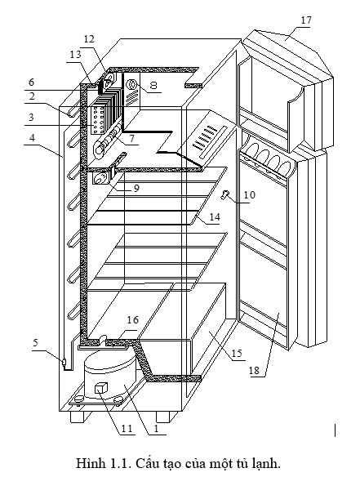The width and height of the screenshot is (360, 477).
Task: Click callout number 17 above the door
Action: pos(306,20)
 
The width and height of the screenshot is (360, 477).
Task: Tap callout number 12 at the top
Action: pos(89,39)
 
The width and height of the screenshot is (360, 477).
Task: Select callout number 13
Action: pos(76,55)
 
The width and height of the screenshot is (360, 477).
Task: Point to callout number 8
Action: pos(153,85)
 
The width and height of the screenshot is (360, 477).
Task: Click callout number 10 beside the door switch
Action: pos(249,194)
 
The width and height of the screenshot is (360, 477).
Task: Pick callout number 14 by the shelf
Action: pos(215,217)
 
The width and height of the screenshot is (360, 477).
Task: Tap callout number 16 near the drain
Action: pos(133,319)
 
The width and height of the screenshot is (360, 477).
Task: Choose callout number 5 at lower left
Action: pos(36,343)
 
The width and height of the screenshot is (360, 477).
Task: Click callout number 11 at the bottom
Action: pos(127,428)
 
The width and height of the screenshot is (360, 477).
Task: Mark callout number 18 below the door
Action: pos(254,370)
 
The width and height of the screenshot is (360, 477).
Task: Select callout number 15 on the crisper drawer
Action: pos(237,353)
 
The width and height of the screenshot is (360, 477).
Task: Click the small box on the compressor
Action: pos(101,389)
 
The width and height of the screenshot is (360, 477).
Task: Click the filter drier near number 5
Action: pos(64,363)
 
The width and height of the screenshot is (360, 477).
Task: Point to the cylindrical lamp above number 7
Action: pos(107,142)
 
